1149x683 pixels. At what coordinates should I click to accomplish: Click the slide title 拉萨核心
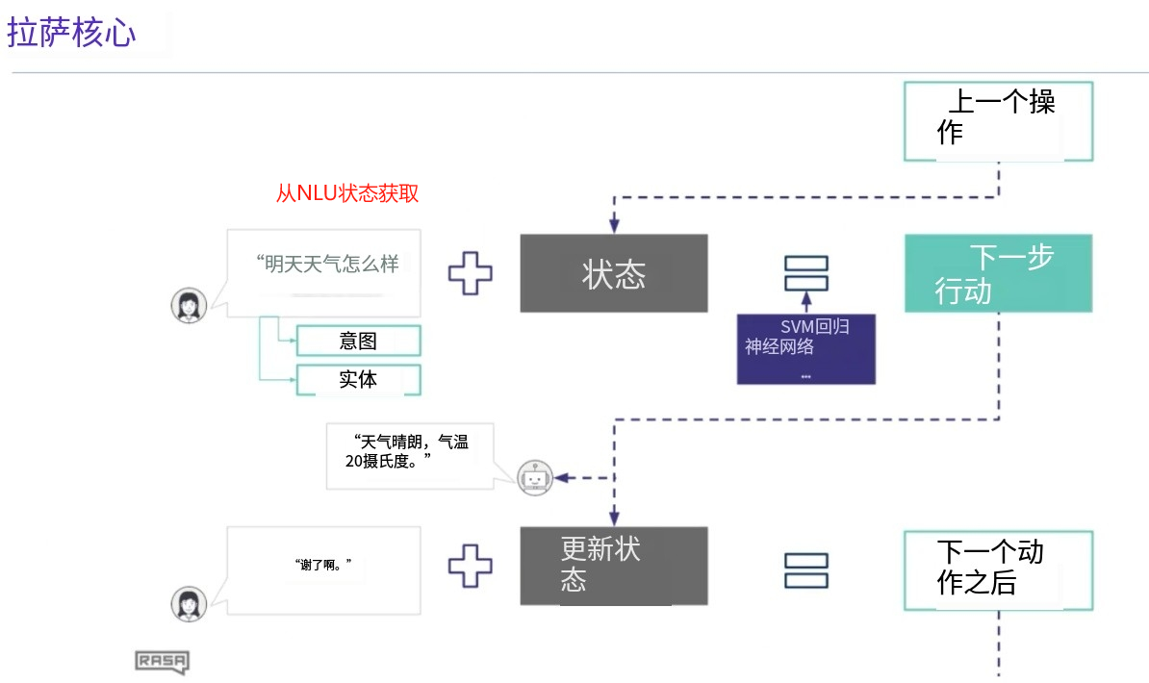pyautogui.click(x=72, y=33)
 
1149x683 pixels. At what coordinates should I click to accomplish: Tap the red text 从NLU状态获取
pyautogui.click(x=347, y=193)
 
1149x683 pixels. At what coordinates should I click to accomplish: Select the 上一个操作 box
pyautogui.click(x=997, y=120)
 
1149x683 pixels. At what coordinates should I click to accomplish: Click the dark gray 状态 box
pyautogui.click(x=614, y=273)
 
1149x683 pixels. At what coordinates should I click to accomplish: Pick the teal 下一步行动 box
pyautogui.click(x=997, y=273)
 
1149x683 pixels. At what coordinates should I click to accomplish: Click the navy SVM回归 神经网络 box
pyautogui.click(x=805, y=348)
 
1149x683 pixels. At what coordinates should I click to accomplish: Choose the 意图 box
pyautogui.click(x=358, y=341)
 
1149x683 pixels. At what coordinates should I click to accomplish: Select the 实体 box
pyautogui.click(x=358, y=379)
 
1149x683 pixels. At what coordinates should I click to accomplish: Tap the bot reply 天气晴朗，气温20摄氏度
pyautogui.click(x=410, y=453)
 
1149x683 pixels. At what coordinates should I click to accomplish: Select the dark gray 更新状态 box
pyautogui.click(x=614, y=566)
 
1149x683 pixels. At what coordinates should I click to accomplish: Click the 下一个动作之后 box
pyautogui.click(x=997, y=569)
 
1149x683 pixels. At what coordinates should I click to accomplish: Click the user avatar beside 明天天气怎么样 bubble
pyautogui.click(x=189, y=306)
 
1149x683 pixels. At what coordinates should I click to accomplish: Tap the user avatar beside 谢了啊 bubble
pyautogui.click(x=189, y=604)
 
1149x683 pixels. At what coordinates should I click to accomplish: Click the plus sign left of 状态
pyautogui.click(x=471, y=273)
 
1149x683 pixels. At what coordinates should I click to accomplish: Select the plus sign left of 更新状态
pyautogui.click(x=471, y=566)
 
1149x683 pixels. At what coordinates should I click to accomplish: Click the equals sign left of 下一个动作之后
pyautogui.click(x=805, y=569)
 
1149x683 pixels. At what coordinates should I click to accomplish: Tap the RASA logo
pyautogui.click(x=161, y=662)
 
